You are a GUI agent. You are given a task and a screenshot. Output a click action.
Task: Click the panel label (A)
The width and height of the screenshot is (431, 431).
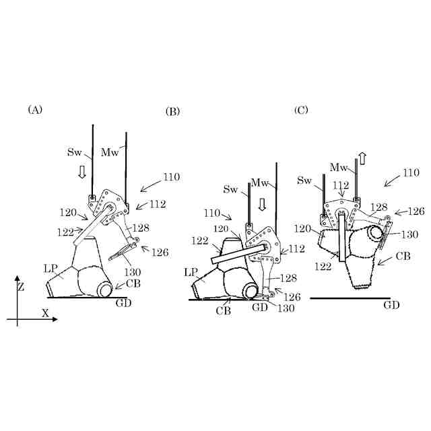point(35,109)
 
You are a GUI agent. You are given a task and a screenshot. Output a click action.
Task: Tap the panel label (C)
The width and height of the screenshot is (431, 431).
point(301,109)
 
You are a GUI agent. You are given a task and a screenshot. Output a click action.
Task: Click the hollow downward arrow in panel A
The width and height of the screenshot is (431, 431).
point(83,172)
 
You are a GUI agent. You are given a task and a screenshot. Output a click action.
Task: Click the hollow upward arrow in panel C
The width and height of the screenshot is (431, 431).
point(362,159)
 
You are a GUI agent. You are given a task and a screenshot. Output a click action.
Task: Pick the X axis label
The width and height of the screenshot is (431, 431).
point(46,313)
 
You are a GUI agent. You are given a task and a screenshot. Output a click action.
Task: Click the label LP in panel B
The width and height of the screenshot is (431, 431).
point(191,273)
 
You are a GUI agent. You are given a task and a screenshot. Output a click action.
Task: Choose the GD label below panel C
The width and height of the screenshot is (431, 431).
point(391,305)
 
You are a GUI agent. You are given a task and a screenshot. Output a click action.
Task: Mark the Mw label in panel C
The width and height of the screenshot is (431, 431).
point(339,166)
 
